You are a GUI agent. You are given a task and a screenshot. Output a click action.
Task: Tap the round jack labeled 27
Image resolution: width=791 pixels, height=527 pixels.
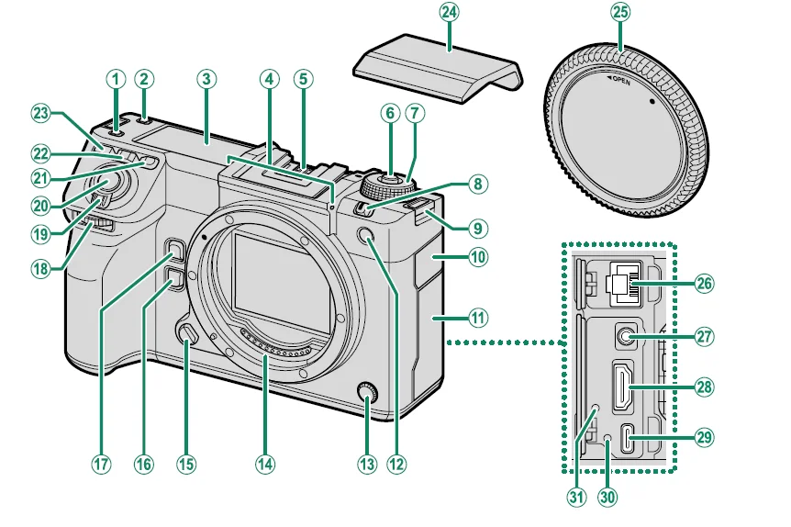pos(624,338)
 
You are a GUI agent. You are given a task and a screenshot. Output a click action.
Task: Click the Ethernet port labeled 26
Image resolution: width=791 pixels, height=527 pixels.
pos(624,283)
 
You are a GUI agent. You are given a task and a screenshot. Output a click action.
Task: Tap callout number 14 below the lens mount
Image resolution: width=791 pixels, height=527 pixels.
pos(265,464)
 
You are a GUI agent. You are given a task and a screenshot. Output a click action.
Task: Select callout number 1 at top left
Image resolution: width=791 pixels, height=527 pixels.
pos(115,79)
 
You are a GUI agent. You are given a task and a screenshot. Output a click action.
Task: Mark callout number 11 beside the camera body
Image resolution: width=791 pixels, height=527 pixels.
pos(477,319)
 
